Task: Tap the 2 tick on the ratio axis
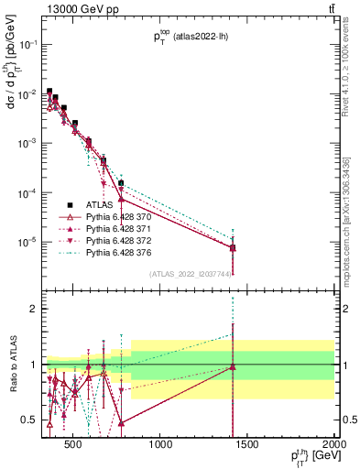[x=34, y=309]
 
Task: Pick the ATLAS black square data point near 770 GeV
[x=120, y=183]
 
